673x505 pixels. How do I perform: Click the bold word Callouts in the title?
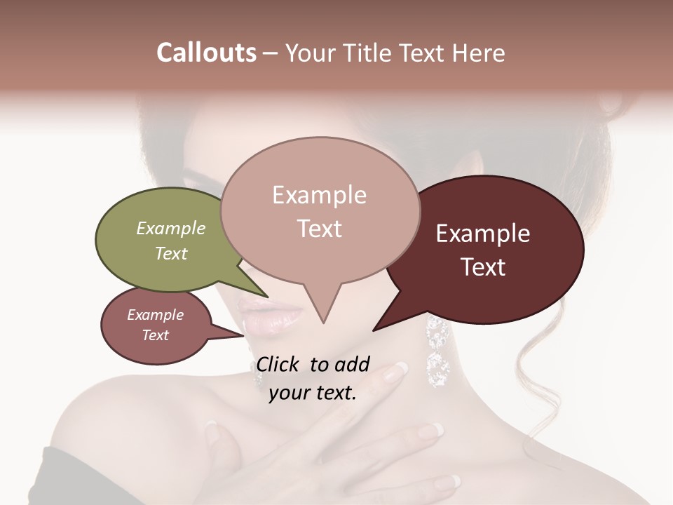206,53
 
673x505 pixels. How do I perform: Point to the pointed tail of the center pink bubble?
323,319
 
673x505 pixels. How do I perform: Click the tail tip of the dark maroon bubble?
376,329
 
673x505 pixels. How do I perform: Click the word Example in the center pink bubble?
319,195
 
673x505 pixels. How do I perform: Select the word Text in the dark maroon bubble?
483,267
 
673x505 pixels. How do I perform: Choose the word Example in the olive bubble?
170,229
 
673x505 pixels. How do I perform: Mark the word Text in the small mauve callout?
155,335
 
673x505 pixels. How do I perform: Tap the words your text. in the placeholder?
313,393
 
